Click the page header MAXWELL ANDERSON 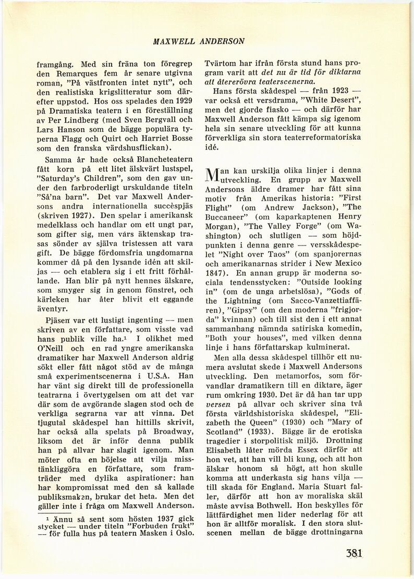[199, 41]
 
